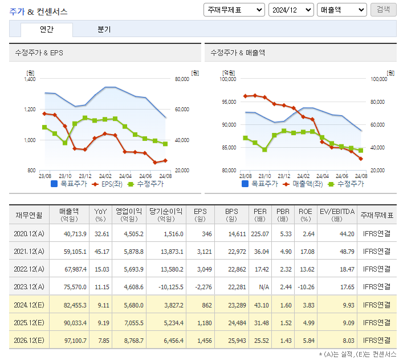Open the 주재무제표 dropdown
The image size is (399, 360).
point(234,10)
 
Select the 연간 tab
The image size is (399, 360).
point(47,30)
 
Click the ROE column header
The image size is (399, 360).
point(306,215)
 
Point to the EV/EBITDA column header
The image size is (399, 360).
point(337,215)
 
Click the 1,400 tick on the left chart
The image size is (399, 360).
point(30,79)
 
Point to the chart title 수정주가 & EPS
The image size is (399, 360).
point(39,53)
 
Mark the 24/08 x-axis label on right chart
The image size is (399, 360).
point(361,176)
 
